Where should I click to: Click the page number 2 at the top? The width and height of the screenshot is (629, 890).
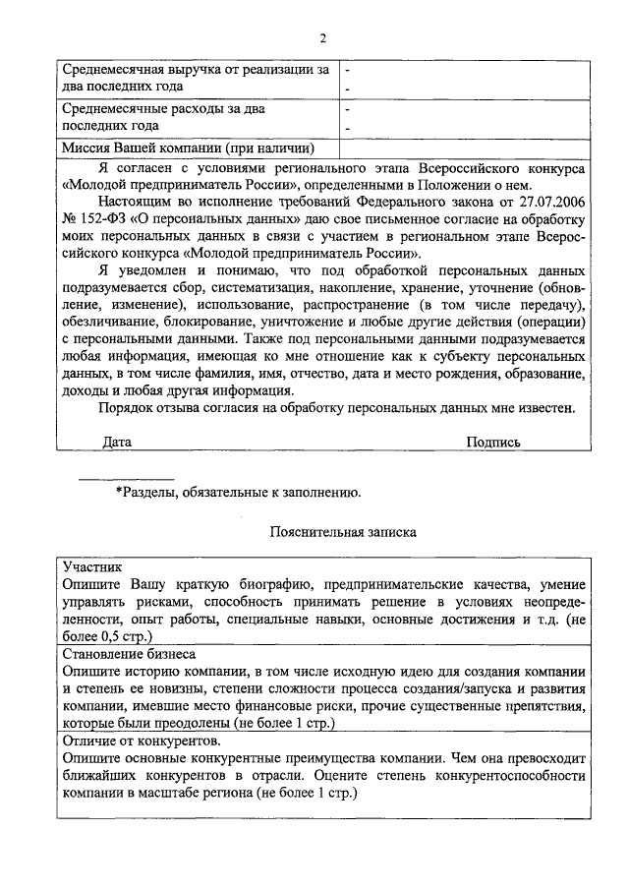[x=321, y=38]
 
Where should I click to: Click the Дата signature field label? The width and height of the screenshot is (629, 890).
[x=117, y=443]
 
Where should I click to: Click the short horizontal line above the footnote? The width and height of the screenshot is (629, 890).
[x=126, y=479]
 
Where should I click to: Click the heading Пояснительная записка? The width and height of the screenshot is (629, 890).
[x=343, y=532]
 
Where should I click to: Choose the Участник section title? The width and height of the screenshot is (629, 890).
[x=91, y=567]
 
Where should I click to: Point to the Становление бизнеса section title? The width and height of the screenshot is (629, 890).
[x=129, y=653]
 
